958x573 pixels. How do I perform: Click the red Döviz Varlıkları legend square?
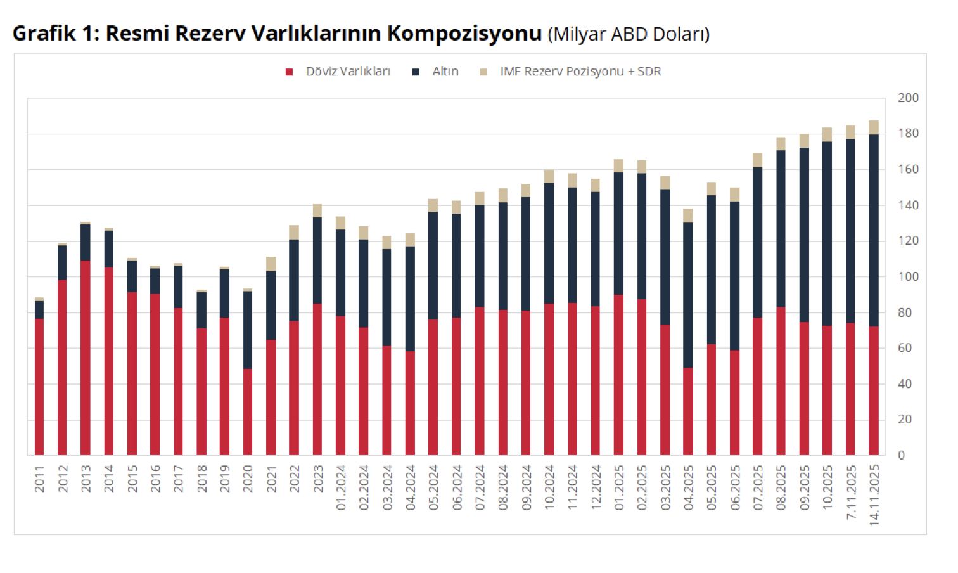[289, 72]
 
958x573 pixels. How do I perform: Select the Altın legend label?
[445, 72]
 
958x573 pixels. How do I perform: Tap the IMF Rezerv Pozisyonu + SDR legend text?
[580, 72]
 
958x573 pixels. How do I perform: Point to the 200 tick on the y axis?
[908, 98]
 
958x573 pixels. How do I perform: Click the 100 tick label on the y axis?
[908, 276]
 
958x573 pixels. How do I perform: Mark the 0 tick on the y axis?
[901, 455]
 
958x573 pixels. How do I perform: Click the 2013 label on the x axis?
[86, 479]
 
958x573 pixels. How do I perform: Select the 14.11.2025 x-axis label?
[874, 495]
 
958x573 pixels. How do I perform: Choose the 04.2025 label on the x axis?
[689, 487]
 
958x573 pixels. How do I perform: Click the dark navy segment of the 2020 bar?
[248, 330]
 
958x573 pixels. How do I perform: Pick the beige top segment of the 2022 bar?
[294, 232]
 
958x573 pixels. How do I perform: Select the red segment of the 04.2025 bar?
[688, 412]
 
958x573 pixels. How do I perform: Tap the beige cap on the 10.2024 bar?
[549, 176]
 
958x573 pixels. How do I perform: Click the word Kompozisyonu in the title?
[464, 33]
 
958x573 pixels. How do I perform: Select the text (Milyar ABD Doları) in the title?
[629, 34]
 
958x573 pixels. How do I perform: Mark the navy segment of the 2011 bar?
[39, 309]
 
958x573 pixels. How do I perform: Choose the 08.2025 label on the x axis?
[781, 487]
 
